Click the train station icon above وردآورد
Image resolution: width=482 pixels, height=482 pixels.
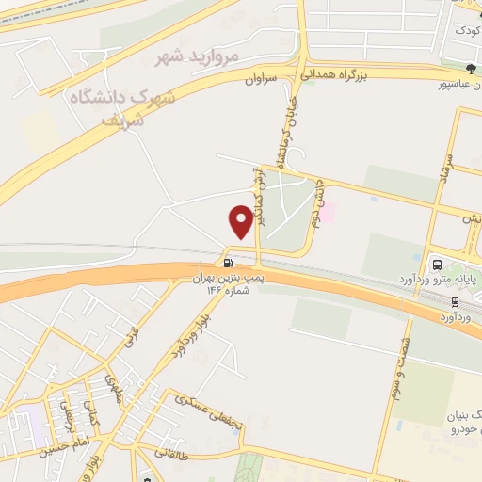(x=456, y=303)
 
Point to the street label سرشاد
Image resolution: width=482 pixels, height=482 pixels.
(x=449, y=170)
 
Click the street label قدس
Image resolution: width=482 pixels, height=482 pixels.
(x=130, y=333)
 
